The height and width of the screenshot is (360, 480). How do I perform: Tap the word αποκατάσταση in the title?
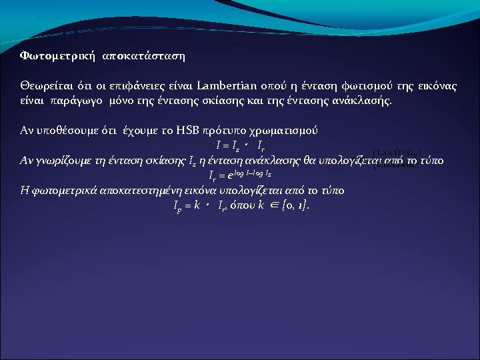point(143,57)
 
